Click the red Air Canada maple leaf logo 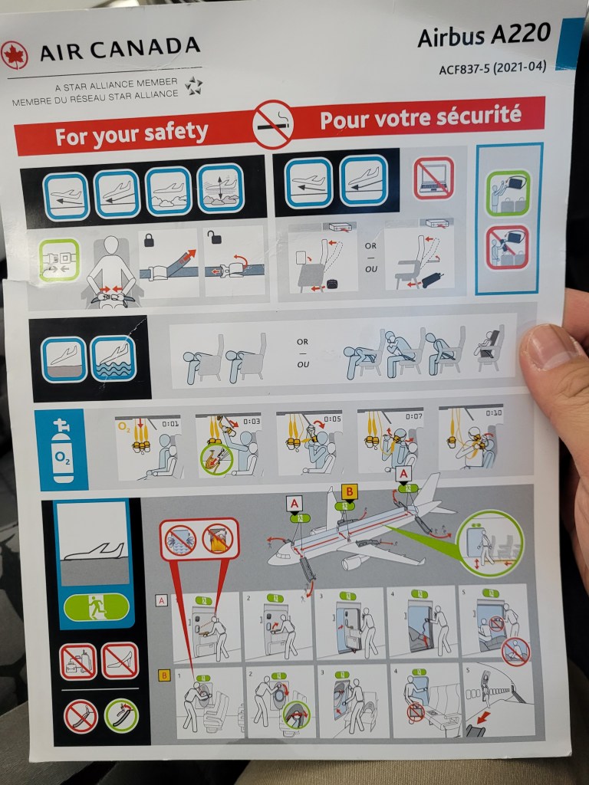click(14, 55)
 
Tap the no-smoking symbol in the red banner click(273, 124)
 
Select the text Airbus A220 click(484, 35)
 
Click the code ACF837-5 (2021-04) click(492, 67)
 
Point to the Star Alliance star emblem click(193, 86)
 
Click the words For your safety click(131, 133)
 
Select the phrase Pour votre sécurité click(420, 117)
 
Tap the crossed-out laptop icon click(434, 178)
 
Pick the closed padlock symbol click(149, 240)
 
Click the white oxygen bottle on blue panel click(62, 451)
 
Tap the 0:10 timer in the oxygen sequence click(493, 412)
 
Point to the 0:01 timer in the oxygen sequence click(169, 423)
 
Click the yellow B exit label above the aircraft click(349, 491)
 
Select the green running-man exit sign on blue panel click(96, 607)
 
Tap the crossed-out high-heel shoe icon click(120, 661)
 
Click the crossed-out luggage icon click(78, 662)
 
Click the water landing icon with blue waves click(114, 359)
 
